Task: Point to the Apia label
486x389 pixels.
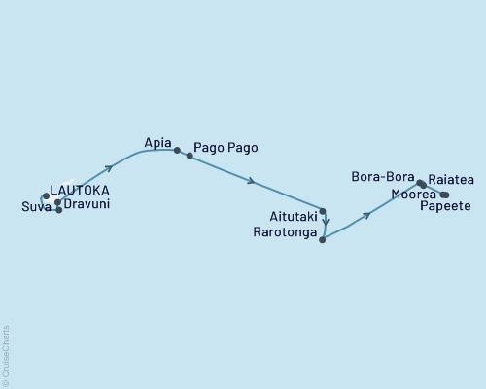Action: pyautogui.click(x=158, y=140)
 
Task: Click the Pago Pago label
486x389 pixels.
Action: pyautogui.click(x=226, y=147)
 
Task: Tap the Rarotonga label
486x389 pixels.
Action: pyautogui.click(x=284, y=233)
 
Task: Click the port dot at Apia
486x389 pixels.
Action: pyautogui.click(x=177, y=151)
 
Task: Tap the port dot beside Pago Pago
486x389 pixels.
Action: pyautogui.click(x=190, y=156)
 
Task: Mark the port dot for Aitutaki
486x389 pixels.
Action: pyautogui.click(x=322, y=211)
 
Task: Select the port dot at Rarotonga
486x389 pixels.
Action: pyautogui.click(x=322, y=239)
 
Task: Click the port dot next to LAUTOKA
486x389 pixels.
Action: pyautogui.click(x=46, y=195)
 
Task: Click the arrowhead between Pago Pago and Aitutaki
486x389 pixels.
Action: pyautogui.click(x=252, y=181)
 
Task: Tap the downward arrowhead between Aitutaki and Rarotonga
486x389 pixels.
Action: pyautogui.click(x=326, y=221)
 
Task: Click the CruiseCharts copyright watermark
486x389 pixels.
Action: pyautogui.click(x=6, y=356)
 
